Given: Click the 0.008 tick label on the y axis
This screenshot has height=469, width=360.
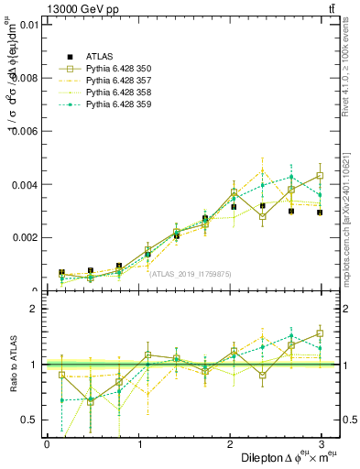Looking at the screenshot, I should tap(25, 78).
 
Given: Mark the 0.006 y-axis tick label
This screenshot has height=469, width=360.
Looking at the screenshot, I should tap(25, 131).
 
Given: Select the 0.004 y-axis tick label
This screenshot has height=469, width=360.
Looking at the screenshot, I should tap(25, 184).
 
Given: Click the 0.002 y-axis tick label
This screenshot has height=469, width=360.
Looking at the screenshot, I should tap(25, 237).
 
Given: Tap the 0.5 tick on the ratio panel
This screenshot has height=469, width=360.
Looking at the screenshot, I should tap(29, 420).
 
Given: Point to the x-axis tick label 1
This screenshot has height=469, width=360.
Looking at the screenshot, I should tap(140, 443).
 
